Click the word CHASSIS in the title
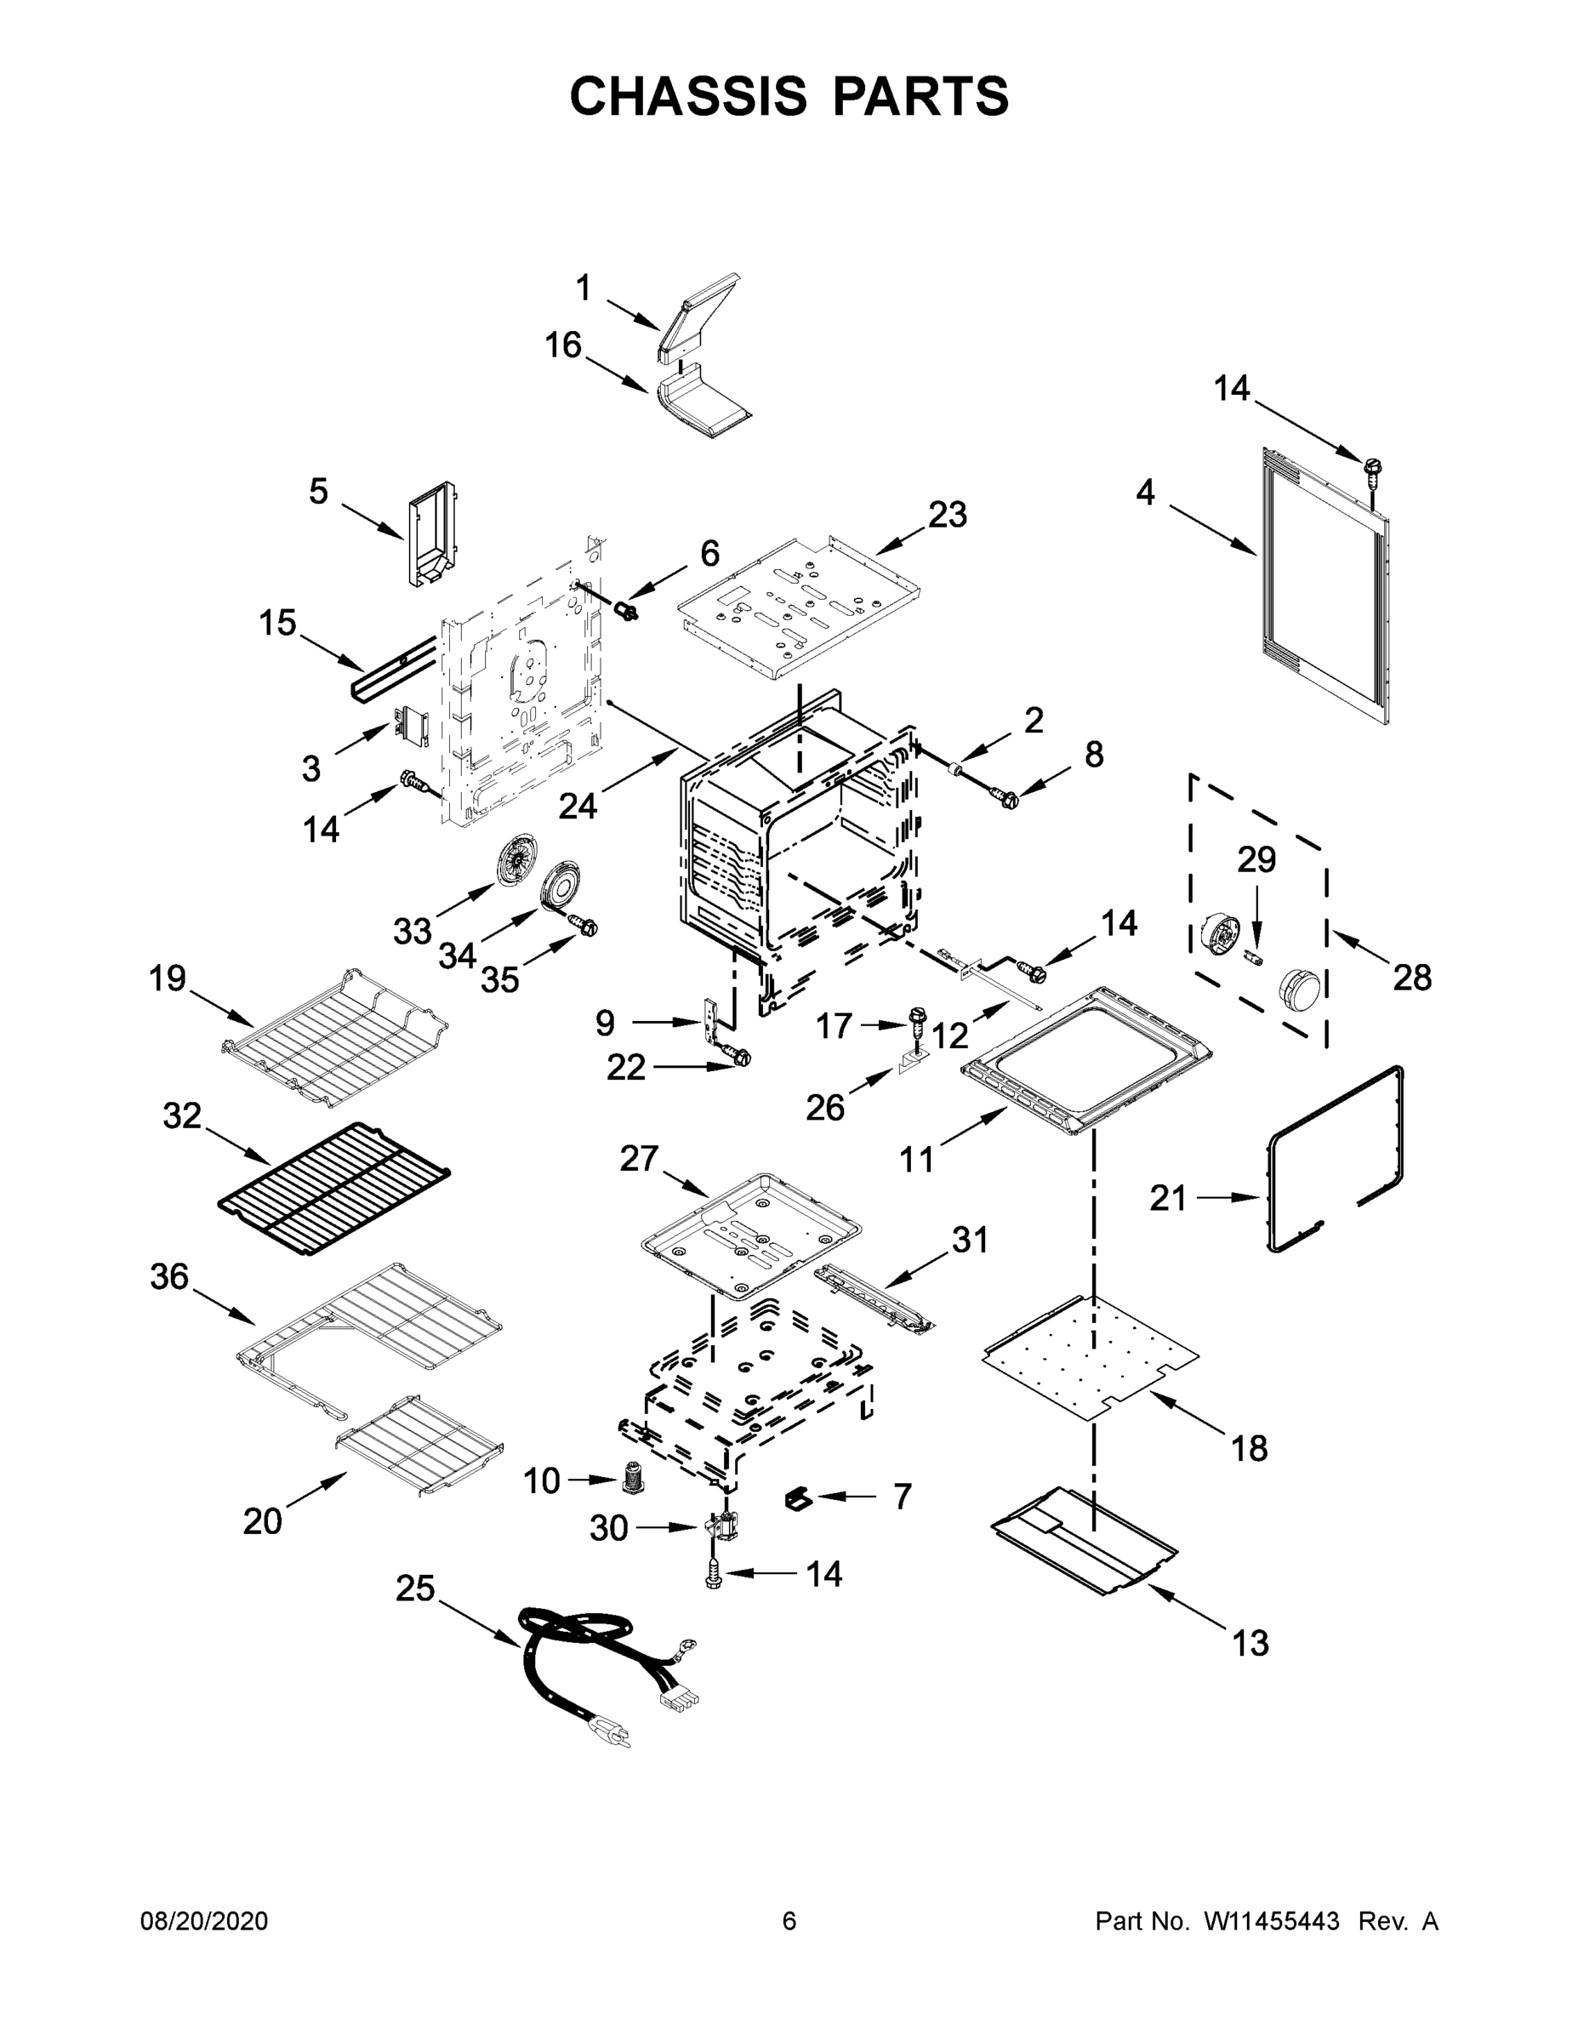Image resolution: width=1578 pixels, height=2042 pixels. pos(688,96)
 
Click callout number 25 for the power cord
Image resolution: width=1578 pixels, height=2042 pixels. pos(415,1588)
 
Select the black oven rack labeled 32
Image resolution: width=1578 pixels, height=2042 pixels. pos(333,1188)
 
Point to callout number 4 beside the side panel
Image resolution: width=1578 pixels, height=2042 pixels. pos(1145,493)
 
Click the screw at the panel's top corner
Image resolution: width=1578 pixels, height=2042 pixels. pos(1373,471)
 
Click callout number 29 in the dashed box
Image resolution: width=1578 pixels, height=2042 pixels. pos(1256,859)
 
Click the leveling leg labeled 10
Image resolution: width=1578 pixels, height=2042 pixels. pos(634,1475)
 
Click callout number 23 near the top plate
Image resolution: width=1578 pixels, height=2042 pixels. pos(947,514)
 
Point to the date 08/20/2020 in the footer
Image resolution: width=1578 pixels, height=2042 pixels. pos(204,1920)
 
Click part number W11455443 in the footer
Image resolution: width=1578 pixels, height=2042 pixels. pos(1272,1920)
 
